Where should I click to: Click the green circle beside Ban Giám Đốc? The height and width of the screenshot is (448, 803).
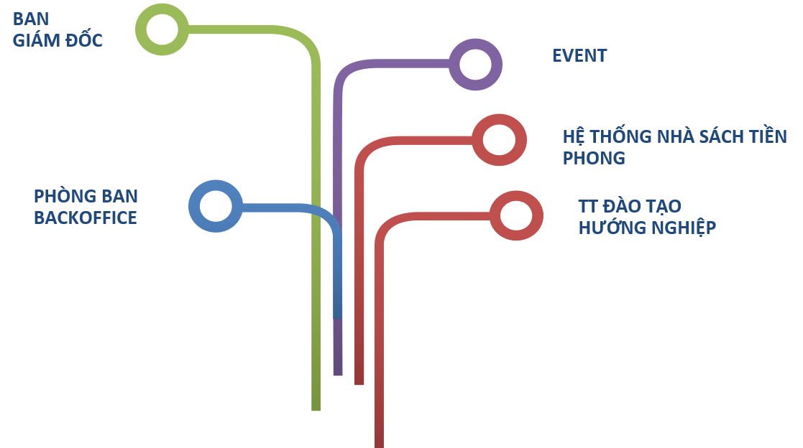click(x=162, y=29)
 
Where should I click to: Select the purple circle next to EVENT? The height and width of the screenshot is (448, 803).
click(x=474, y=65)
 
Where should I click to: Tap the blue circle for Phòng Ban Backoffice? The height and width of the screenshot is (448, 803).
click(x=215, y=206)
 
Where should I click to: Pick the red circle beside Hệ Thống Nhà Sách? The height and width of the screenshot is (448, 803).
click(x=499, y=139)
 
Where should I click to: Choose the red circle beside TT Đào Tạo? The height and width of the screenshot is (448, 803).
click(x=515, y=216)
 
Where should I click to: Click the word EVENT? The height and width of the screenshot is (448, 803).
click(x=579, y=56)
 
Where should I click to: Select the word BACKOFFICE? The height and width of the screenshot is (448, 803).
click(x=85, y=218)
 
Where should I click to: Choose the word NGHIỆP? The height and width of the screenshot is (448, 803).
click(x=683, y=228)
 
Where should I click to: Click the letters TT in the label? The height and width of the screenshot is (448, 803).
click(x=588, y=207)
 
